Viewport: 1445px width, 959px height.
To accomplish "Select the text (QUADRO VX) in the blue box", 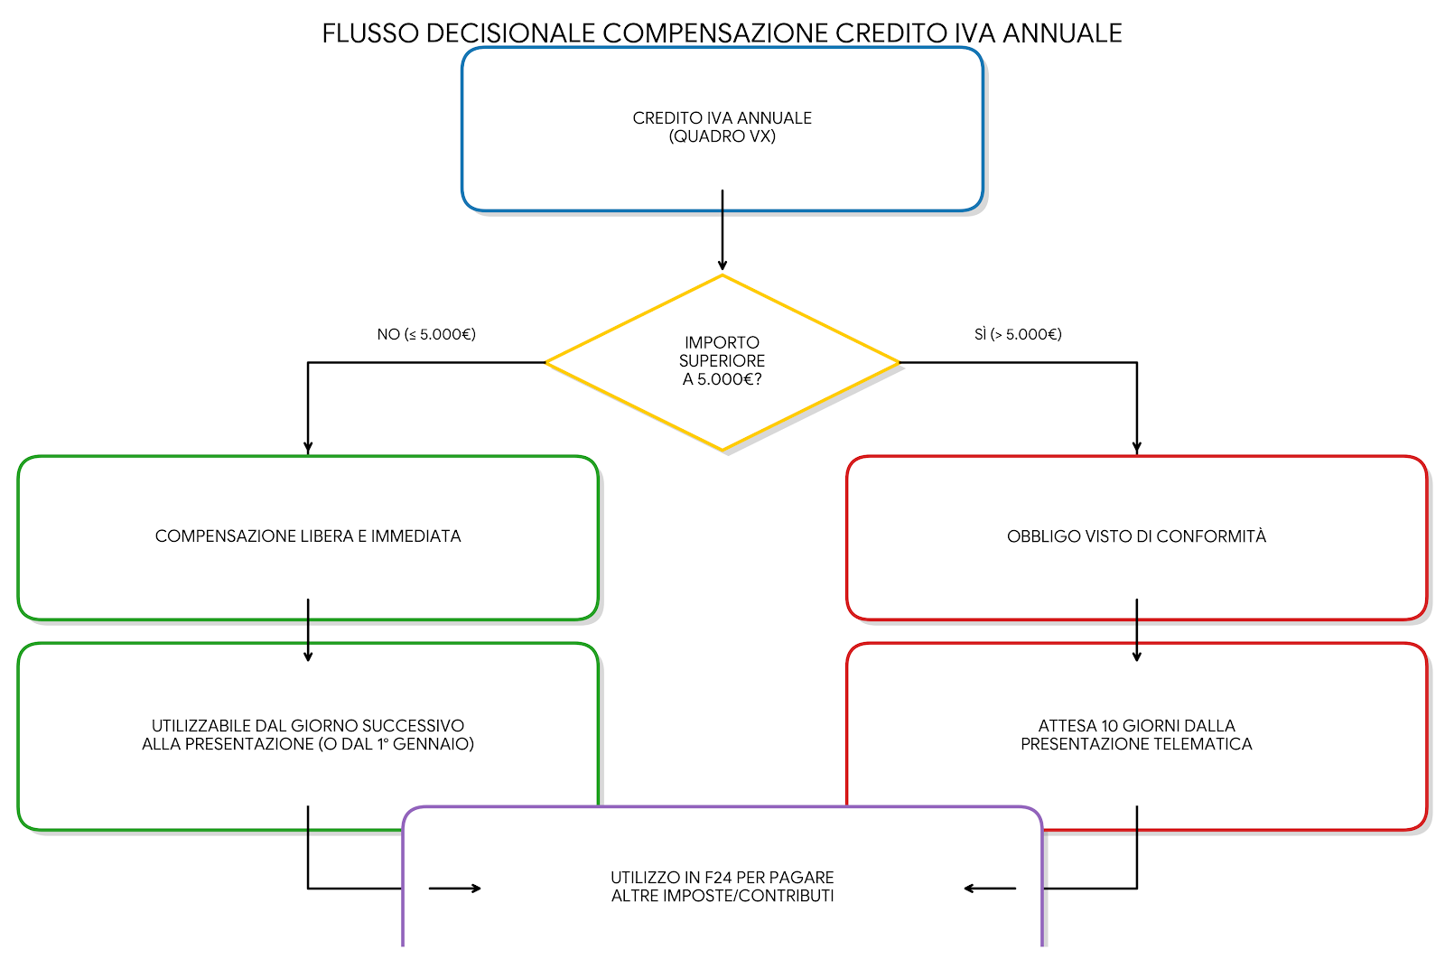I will tap(722, 136).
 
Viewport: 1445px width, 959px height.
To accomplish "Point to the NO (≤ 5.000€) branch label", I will tap(426, 334).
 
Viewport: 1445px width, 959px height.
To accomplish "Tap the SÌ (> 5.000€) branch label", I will tap(1018, 334).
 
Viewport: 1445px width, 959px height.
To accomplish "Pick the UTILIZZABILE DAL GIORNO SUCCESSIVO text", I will tap(308, 726).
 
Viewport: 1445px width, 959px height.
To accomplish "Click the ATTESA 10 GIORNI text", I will tap(1136, 726).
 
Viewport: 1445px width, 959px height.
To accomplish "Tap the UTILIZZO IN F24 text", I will tap(722, 878).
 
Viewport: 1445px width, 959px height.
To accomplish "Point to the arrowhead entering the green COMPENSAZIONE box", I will tap(308, 446).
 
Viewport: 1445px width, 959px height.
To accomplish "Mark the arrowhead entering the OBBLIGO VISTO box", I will tap(1136, 446).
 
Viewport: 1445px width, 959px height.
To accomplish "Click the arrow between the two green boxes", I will tap(308, 631).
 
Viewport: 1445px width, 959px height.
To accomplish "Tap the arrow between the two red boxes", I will tap(1136, 631).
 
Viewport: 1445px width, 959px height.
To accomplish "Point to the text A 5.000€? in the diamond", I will tap(722, 379).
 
